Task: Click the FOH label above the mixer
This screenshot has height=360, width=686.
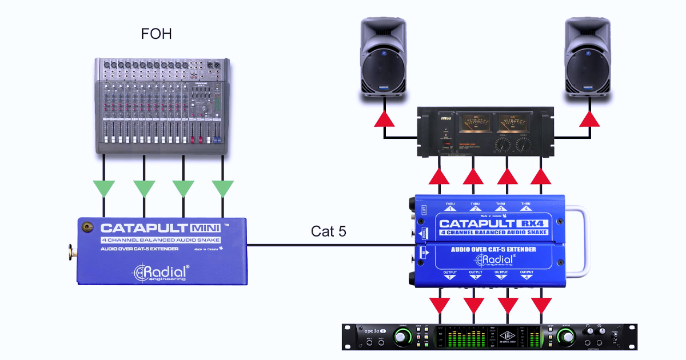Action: click(x=157, y=34)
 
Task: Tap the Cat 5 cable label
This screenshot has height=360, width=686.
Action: click(x=329, y=231)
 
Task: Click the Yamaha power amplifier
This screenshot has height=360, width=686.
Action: click(x=485, y=132)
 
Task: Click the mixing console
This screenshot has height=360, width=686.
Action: click(x=163, y=105)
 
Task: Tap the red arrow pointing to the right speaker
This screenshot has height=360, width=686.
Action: click(x=589, y=119)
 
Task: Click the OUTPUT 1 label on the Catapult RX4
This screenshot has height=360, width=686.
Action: click(x=449, y=275)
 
